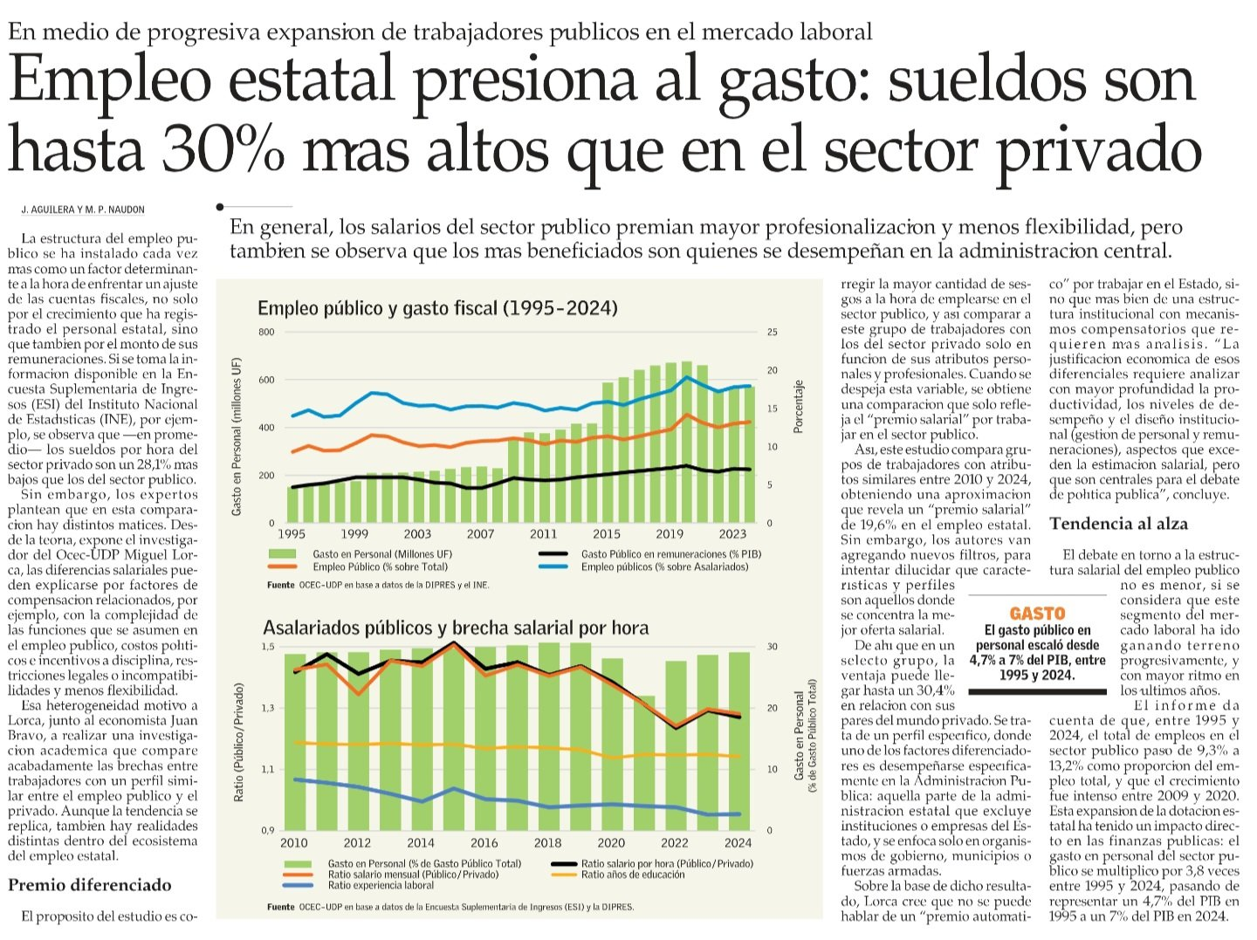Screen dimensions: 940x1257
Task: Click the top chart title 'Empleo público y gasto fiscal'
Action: coord(437,308)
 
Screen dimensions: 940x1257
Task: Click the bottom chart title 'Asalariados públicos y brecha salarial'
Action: coord(456,628)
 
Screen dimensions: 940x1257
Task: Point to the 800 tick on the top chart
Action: coord(266,333)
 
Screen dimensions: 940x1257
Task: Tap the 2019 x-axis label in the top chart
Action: coord(670,534)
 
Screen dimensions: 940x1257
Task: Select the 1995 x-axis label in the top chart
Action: coord(292,534)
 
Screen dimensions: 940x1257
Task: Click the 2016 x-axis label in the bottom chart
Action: coord(484,843)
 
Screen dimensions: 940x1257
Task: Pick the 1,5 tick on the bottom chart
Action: coord(267,647)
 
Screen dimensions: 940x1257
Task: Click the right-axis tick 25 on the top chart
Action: coord(772,333)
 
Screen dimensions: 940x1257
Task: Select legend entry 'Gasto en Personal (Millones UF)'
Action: coord(382,554)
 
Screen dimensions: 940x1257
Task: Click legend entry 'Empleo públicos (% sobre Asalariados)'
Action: coord(664,567)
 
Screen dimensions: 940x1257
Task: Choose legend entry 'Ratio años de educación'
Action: coord(633,875)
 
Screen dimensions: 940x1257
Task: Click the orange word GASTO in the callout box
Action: coord(1037,614)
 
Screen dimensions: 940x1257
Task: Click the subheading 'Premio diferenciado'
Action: coord(90,885)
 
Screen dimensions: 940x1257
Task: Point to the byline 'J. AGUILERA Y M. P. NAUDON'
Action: coord(83,209)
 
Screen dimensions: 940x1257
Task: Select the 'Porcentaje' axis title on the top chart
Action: coord(798,407)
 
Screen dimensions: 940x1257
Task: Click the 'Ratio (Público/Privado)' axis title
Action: coord(238,743)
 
